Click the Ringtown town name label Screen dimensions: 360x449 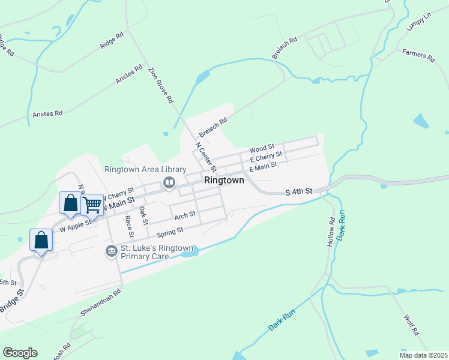pyautogui.click(x=224, y=180)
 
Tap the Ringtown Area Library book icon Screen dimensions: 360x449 pyautogui.click(x=169, y=182)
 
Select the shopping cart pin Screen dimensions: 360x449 pyautogui.click(x=92, y=205)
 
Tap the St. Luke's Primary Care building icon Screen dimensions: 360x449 pyautogui.click(x=110, y=250)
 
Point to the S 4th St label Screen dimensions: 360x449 pyautogui.click(x=299, y=191)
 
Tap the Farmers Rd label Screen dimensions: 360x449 pyautogui.click(x=418, y=56)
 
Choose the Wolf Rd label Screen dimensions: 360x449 pyautogui.click(x=411, y=323)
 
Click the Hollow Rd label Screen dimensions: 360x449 pyautogui.click(x=331, y=228)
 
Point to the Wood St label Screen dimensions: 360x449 pyautogui.click(x=262, y=147)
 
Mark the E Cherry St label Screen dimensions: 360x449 pyautogui.click(x=265, y=157)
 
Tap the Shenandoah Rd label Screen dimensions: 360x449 pyautogui.click(x=101, y=302)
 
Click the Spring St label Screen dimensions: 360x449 pyautogui.click(x=169, y=231)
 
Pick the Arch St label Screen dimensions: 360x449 pyautogui.click(x=185, y=214)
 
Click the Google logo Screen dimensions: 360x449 pyautogui.click(x=20, y=353)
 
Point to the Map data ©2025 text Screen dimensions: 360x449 pyautogui.click(x=423, y=355)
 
